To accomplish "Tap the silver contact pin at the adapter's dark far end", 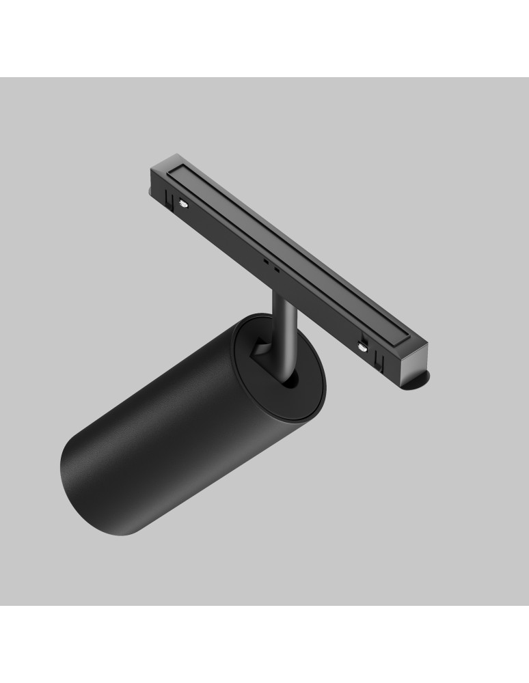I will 184,202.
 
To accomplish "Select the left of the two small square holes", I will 265,262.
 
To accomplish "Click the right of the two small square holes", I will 276,268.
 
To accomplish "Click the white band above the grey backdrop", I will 264,38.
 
